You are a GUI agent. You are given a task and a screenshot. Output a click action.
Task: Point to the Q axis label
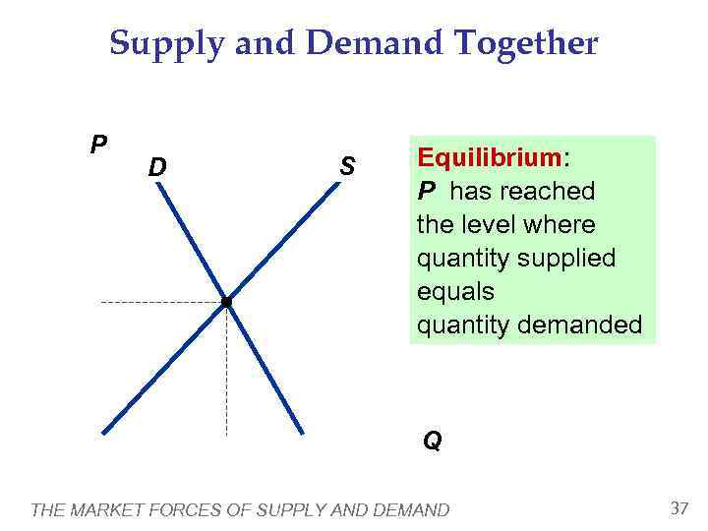point(433,442)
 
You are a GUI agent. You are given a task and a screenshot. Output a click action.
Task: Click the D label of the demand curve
point(157,168)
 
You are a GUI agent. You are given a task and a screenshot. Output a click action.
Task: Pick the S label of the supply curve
point(346,166)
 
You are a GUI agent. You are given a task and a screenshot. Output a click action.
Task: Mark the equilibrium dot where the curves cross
point(226,303)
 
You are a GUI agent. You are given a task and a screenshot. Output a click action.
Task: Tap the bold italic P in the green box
point(427,191)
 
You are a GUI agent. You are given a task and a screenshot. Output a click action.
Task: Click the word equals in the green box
point(455,292)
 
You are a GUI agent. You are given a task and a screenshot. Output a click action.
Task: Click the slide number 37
point(678,508)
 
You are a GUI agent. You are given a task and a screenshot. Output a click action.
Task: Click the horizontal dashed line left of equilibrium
point(157,303)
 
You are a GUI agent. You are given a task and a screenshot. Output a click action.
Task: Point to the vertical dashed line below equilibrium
point(227,374)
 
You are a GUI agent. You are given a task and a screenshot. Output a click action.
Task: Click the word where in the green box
point(560,224)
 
